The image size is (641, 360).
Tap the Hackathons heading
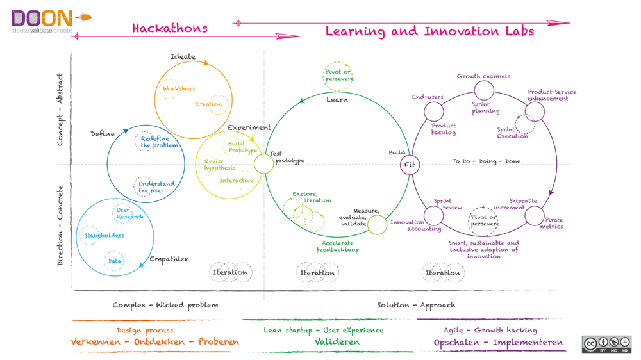tap(169, 28)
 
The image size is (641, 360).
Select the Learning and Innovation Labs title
tap(429, 31)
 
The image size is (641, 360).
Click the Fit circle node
tap(410, 165)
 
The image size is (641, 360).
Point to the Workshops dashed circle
tap(170, 88)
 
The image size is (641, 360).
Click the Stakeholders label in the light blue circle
tap(104, 236)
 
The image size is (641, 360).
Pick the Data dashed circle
tap(114, 261)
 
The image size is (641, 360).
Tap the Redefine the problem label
tap(155, 142)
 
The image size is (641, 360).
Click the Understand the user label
tap(156, 187)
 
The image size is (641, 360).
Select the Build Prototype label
tap(242, 147)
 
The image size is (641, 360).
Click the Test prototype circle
tap(263, 164)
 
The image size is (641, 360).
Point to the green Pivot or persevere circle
tap(338, 76)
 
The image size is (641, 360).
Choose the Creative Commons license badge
tap(606, 344)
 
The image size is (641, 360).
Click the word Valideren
tap(337, 342)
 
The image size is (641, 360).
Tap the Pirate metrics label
tap(551, 223)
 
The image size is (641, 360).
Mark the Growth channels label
tap(483, 76)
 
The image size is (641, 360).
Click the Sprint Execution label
tap(513, 133)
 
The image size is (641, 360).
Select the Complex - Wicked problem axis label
tap(165, 305)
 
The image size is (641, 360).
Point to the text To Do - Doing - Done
tap(487, 161)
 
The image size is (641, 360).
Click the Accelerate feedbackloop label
tap(338, 247)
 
